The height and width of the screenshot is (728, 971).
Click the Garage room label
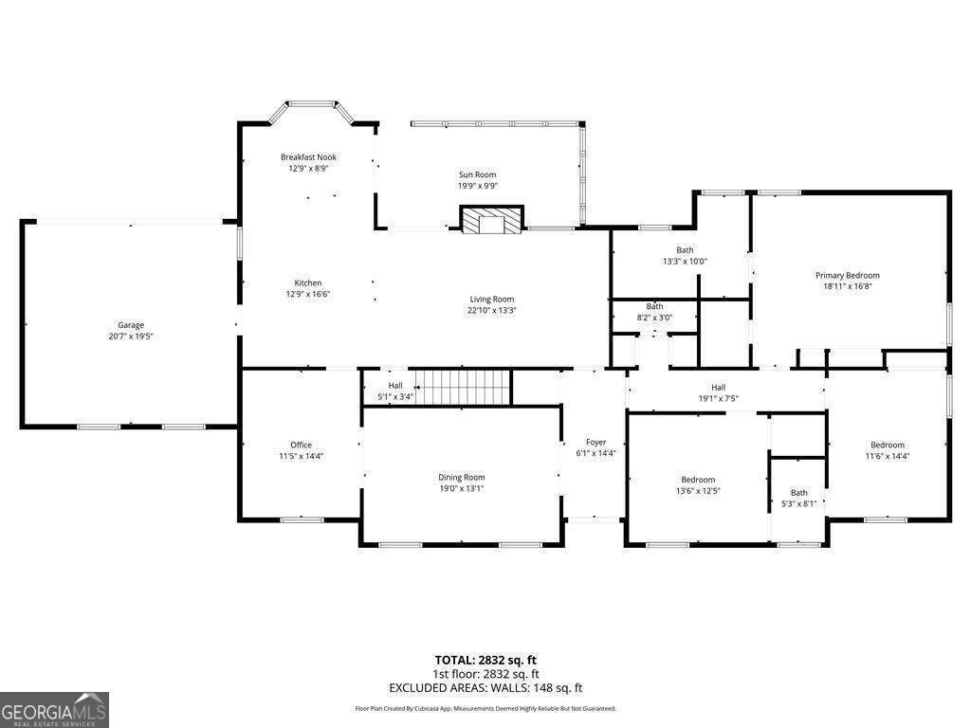click(x=131, y=325)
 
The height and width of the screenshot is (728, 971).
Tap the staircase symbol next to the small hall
click(x=467, y=387)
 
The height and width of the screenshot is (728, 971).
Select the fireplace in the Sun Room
click(x=491, y=221)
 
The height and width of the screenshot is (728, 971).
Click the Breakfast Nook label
click(x=308, y=157)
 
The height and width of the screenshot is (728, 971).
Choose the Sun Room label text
click(x=477, y=174)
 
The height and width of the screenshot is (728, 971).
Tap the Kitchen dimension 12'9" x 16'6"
click(x=308, y=294)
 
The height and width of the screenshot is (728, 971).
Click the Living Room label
click(x=491, y=300)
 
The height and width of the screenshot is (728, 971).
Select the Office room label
click(x=301, y=445)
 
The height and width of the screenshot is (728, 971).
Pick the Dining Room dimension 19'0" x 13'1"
click(x=461, y=488)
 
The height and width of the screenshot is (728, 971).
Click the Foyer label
click(x=595, y=442)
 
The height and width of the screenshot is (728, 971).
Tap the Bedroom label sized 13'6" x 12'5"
click(x=698, y=480)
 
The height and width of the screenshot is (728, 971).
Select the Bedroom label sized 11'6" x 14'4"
click(x=888, y=445)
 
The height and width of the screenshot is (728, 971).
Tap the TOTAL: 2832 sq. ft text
click(x=485, y=660)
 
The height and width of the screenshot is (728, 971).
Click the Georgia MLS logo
click(x=54, y=709)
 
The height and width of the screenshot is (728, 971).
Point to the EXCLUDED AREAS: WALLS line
click(x=485, y=687)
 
